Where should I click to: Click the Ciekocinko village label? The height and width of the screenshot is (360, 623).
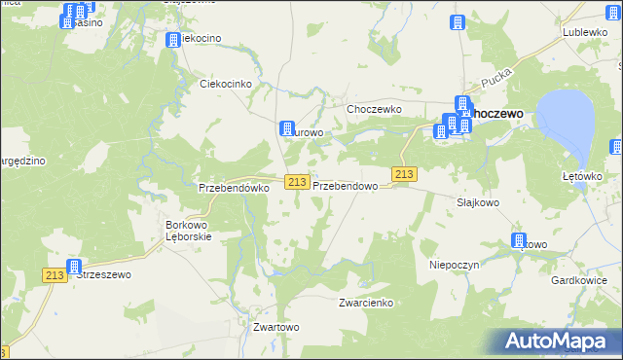pos(226,85)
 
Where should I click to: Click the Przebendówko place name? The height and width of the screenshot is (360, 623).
pos(233,188)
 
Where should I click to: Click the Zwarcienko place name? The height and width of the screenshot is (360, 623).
pos(365,303)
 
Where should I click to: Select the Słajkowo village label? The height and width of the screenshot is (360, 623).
pos(478,202)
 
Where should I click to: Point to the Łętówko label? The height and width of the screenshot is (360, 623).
pos(584,176)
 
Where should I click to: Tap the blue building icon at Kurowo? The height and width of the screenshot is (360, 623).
pos(287,127)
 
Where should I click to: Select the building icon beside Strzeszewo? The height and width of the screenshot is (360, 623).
pos(74,266)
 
